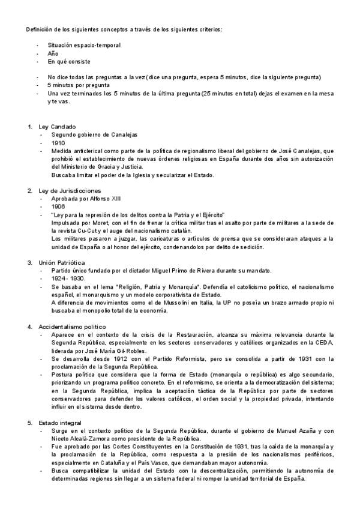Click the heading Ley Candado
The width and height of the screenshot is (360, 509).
point(57,127)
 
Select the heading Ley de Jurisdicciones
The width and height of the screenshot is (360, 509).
point(69,191)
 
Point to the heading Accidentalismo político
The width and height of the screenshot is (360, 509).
point(72,327)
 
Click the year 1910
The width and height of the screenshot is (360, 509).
point(59,143)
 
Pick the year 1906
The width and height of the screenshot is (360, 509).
point(59,206)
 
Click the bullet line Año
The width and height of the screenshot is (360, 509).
point(53,53)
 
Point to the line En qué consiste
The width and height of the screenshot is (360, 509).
point(69,61)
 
